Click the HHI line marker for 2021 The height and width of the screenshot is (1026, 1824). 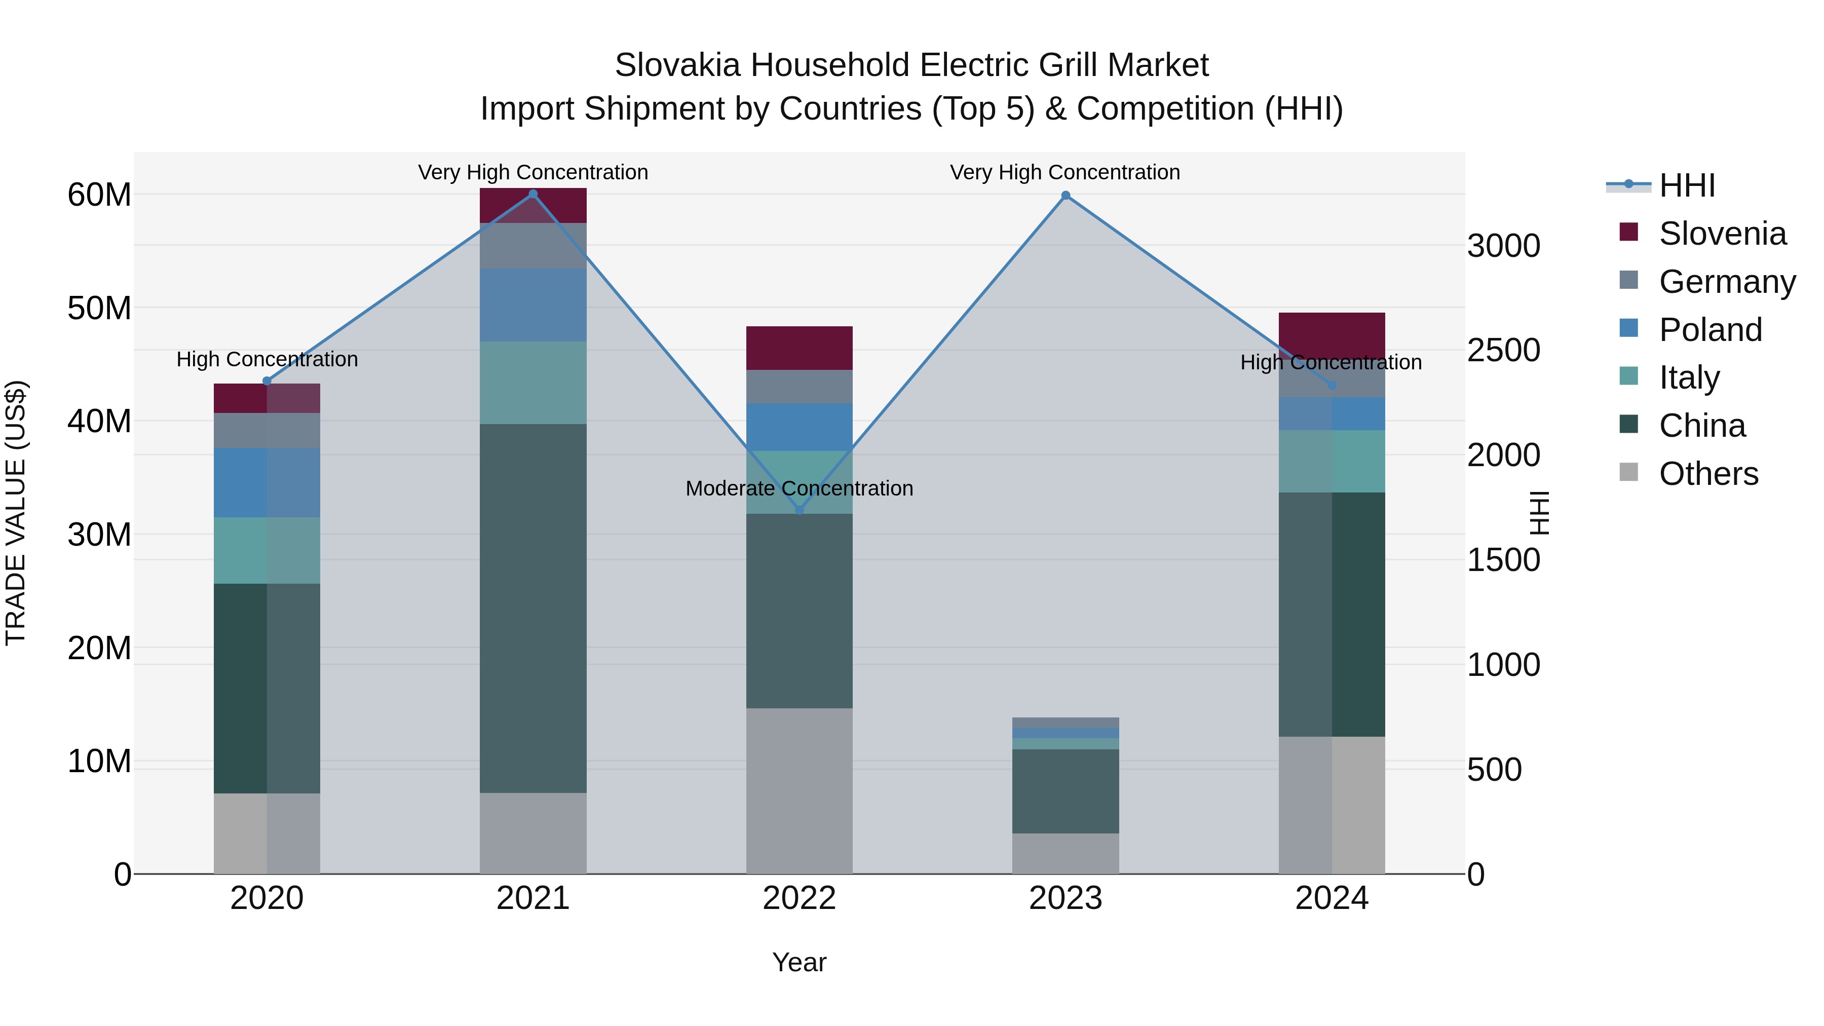click(533, 194)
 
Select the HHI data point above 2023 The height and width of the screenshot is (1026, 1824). click(1066, 196)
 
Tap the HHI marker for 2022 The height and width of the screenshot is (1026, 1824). click(800, 510)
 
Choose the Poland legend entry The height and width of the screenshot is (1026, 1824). click(1710, 330)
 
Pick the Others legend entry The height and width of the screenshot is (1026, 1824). click(1708, 474)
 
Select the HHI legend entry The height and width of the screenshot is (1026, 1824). click(1687, 185)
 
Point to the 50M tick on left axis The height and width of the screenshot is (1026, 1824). click(99, 308)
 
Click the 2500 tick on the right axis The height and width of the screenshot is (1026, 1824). click(1503, 350)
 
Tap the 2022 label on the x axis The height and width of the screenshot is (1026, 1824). click(800, 898)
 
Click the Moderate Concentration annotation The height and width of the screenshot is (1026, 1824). click(800, 488)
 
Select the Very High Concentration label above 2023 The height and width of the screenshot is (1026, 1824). click(1065, 172)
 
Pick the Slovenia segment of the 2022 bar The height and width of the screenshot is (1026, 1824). click(800, 348)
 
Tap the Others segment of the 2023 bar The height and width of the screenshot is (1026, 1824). click(1066, 853)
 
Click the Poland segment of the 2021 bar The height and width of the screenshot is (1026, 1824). click(533, 305)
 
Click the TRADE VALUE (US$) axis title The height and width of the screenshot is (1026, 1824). click(16, 513)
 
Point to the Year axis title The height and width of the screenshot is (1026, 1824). click(800, 962)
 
